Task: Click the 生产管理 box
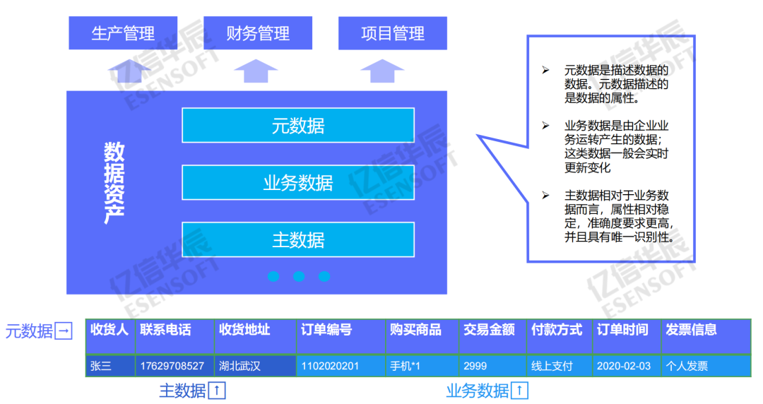coord(123,33)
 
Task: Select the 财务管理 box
coord(258,33)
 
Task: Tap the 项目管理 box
coord(393,33)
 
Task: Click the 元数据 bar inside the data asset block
coord(297,126)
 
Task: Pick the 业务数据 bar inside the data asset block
coord(297,183)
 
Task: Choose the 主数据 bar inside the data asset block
coord(297,239)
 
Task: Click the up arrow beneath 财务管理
coord(256,71)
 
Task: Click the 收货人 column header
coord(110,330)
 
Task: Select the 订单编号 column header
coord(326,330)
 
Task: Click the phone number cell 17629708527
coord(172,366)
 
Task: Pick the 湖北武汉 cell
coord(240,366)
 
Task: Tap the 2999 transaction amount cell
coord(475,366)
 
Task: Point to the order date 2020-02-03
coord(624,366)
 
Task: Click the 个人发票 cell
coord(687,366)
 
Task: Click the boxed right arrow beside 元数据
coord(64,331)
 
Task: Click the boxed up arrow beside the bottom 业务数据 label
coord(519,390)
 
